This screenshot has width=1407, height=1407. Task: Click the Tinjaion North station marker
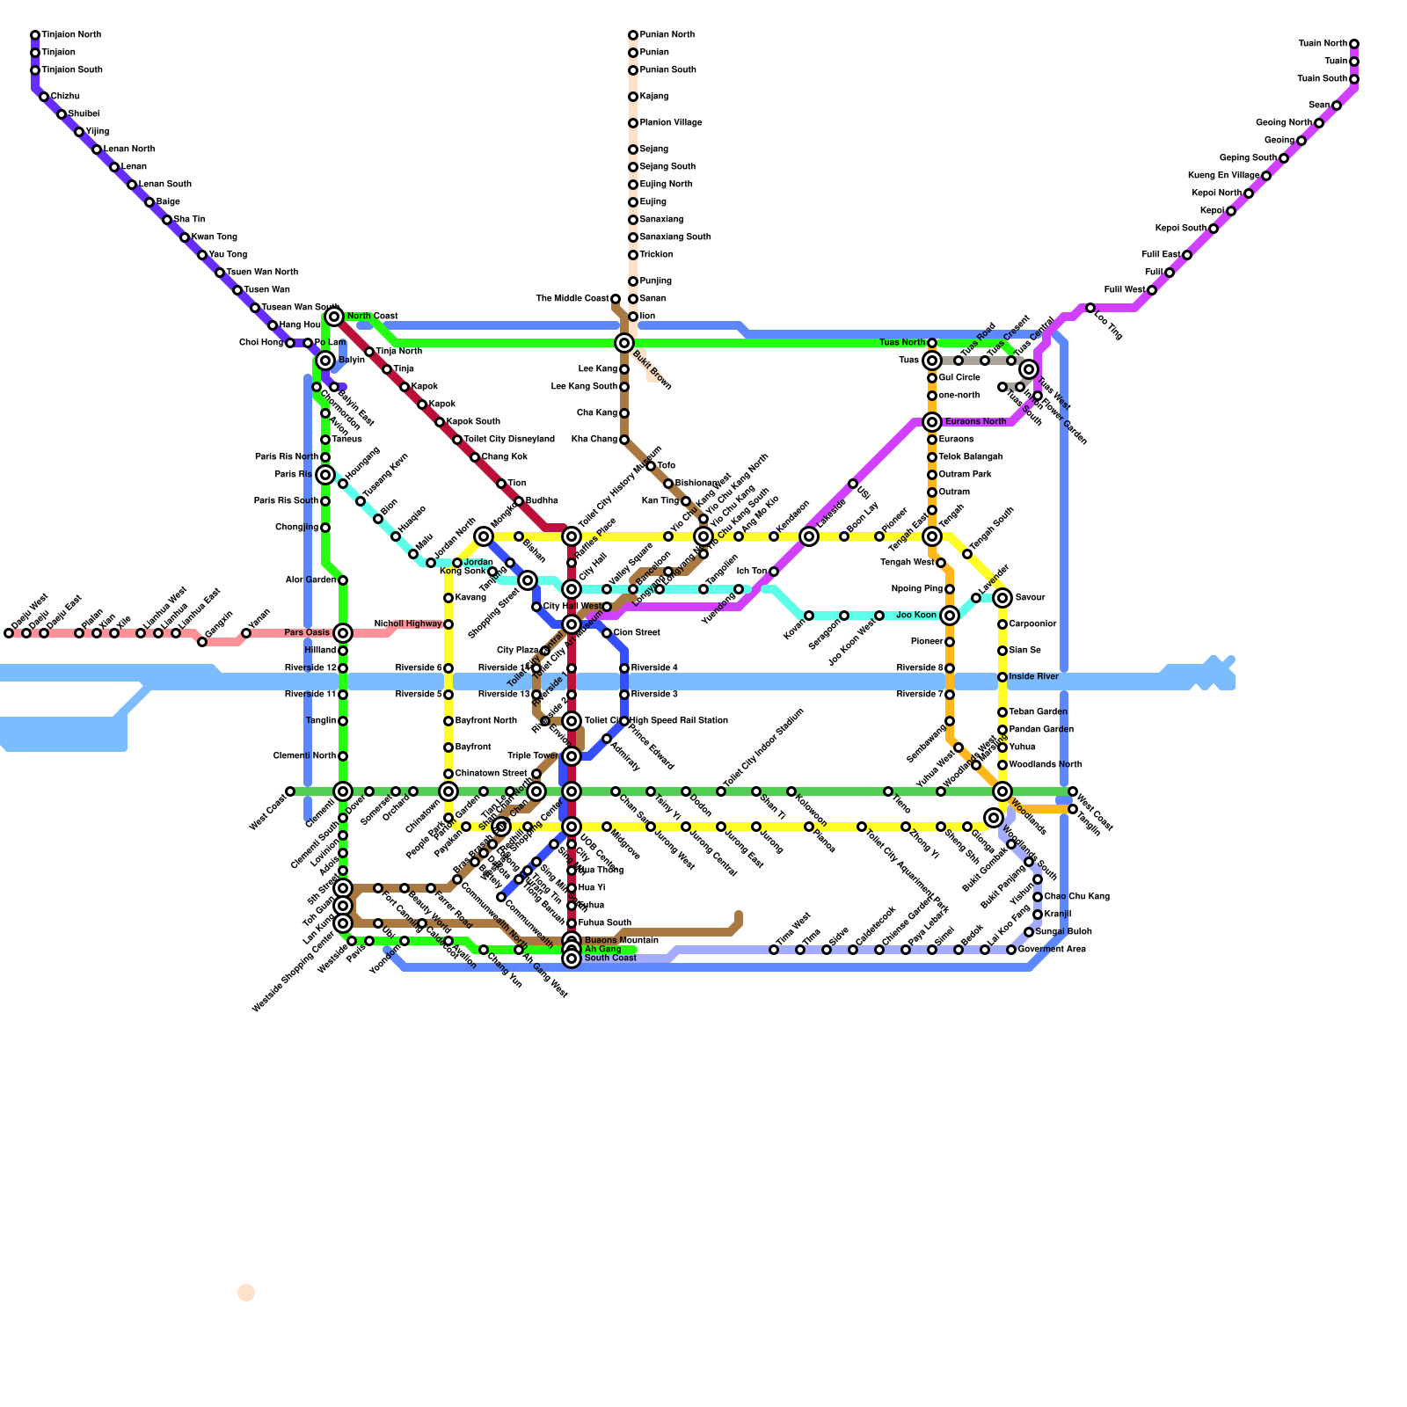pos(35,35)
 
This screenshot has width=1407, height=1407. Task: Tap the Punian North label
pos(667,35)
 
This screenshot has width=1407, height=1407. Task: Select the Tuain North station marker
pos(1354,44)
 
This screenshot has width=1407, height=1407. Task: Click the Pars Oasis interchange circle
pos(343,633)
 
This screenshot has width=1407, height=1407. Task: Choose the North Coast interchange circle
pos(333,317)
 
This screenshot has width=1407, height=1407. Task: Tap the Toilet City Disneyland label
pos(509,440)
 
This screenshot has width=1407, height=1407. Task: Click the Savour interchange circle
pos(1002,598)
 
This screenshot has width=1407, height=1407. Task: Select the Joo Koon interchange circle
pos(950,616)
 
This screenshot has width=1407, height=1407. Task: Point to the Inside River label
pos(1033,677)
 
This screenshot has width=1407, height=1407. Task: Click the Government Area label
pos(1052,950)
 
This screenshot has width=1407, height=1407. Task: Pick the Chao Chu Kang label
pos(1076,897)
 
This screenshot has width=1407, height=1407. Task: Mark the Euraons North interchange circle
pos(932,422)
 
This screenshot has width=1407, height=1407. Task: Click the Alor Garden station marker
pos(343,580)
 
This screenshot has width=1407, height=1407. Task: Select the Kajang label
pos(653,97)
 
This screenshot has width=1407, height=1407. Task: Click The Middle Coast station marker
pos(616,299)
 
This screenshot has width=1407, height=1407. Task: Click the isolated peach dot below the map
pos(246,1293)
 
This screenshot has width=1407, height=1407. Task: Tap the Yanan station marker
pos(246,633)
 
